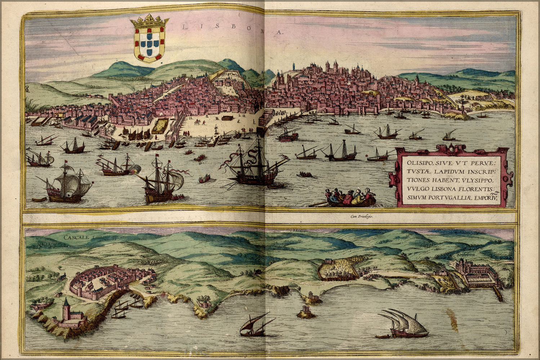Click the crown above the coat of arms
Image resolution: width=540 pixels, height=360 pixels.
(149, 22)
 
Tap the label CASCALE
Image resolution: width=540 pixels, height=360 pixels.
(77, 238)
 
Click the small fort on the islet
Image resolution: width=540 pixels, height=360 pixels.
(305, 312)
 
